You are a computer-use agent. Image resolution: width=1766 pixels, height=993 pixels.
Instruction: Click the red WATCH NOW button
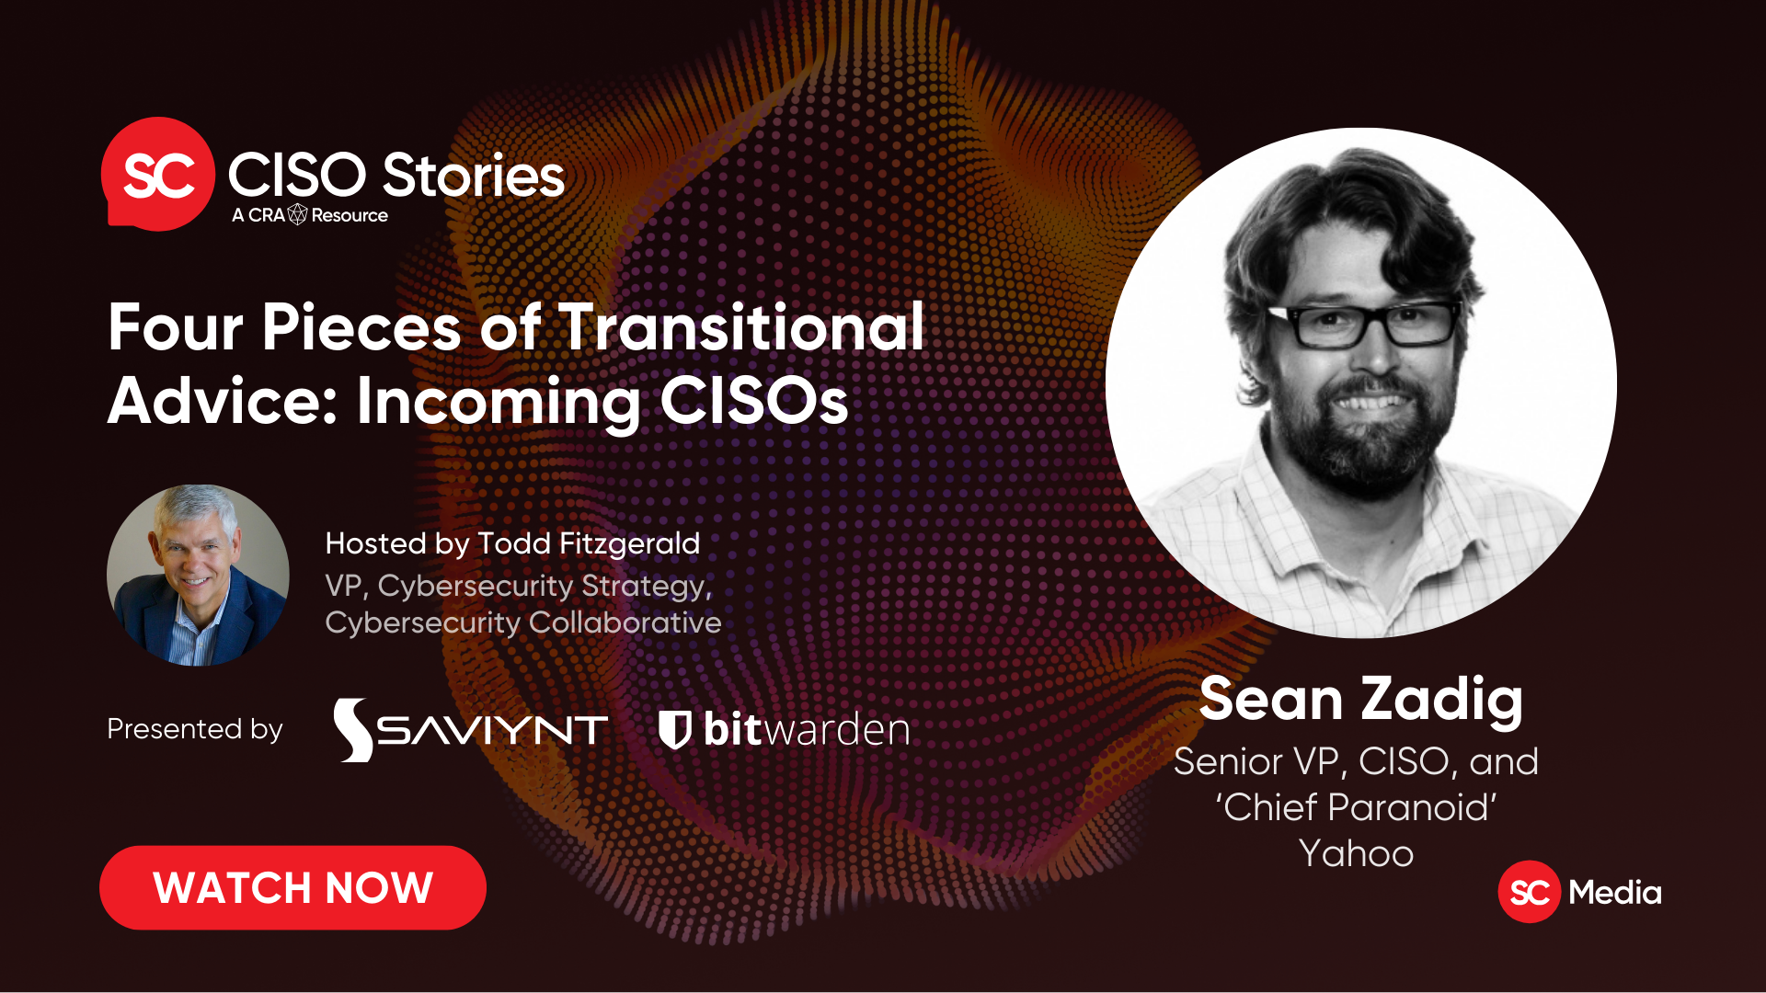292,887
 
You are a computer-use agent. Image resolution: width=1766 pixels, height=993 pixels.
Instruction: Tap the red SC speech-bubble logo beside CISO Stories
157,174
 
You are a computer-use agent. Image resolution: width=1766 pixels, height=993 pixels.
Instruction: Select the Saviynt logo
470,730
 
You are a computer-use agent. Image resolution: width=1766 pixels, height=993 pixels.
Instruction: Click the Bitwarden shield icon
674,730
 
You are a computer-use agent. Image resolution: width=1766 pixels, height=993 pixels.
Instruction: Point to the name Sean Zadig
1361,699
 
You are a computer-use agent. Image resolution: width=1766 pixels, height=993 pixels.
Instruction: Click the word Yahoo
1356,854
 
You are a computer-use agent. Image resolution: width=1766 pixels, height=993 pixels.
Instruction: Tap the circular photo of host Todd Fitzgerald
198,575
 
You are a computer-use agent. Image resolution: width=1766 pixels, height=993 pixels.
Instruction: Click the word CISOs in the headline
754,401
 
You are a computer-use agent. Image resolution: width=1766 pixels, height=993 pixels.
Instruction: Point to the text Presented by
195,729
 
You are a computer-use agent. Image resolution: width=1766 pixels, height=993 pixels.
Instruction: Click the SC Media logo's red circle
1530,892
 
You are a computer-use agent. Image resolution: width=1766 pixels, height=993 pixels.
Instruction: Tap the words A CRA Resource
310,215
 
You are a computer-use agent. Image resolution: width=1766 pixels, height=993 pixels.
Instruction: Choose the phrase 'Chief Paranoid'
1356,807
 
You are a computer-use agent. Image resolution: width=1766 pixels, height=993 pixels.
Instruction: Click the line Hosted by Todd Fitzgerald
512,543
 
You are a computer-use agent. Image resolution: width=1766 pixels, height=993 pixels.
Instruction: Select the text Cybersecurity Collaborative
523,622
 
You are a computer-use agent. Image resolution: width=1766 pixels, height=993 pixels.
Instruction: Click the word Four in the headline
176,327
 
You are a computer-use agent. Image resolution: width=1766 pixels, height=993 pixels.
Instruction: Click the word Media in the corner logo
1615,892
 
